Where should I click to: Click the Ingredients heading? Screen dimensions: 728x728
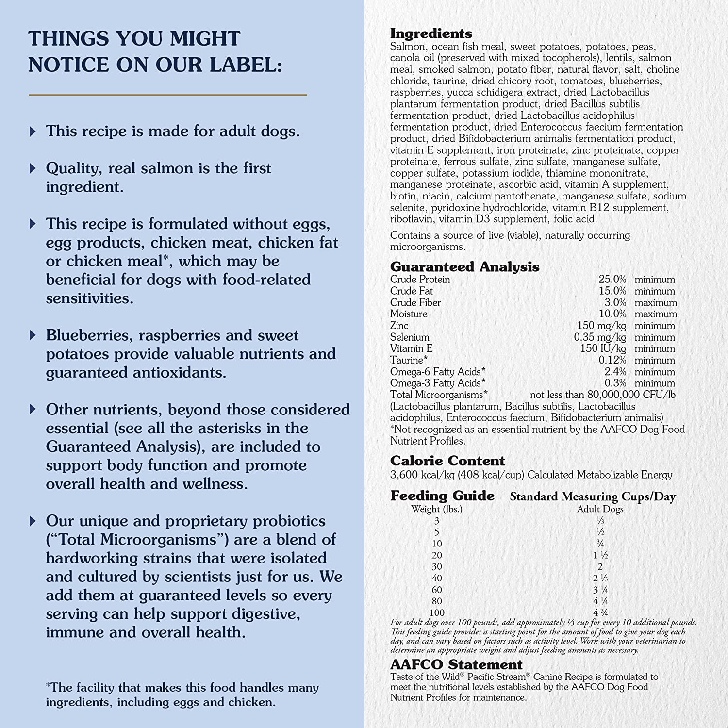431,33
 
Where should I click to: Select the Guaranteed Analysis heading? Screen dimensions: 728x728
464,266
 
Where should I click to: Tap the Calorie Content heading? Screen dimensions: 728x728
447,461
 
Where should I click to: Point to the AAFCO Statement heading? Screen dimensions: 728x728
456,664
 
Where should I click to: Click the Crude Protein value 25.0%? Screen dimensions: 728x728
612,280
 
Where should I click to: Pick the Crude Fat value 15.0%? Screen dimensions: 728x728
612,291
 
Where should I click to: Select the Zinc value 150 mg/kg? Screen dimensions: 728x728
601,326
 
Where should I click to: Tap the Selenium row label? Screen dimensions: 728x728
410,337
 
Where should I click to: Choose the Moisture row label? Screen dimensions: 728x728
409,314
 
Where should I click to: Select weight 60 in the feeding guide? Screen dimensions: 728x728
437,590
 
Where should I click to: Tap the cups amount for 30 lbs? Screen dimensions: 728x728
600,566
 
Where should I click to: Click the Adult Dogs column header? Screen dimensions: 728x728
600,509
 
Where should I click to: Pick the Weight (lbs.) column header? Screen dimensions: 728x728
437,509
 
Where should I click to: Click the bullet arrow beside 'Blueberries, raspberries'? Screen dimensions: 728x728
33,335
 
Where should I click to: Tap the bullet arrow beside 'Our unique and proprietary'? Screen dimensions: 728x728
33,521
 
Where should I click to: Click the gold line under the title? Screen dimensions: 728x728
168,95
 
